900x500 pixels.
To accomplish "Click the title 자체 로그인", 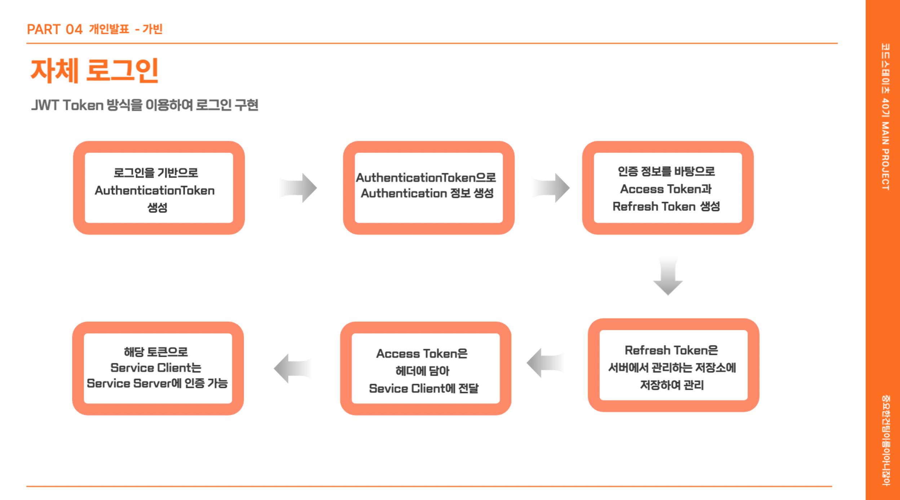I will tap(94, 71).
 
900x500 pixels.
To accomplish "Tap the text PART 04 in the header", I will tap(55, 29).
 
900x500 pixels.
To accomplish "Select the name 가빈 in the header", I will tap(153, 29).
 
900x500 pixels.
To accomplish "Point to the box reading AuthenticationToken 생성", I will tap(159, 188).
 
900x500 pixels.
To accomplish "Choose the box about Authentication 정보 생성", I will tap(428, 188).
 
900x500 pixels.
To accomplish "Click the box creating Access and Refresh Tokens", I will tap(667, 188).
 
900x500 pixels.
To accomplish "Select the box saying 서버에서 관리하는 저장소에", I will tap(673, 365).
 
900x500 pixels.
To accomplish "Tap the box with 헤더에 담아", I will tap(425, 368).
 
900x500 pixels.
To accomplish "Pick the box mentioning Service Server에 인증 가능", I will tap(158, 368).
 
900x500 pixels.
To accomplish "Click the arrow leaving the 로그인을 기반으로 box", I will tap(299, 188).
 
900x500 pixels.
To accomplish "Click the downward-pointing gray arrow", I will tap(668, 276).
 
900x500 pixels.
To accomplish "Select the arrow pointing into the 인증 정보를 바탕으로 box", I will tap(551, 188).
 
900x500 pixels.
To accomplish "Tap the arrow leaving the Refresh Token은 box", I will tap(545, 363).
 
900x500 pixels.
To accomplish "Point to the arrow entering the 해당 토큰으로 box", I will tap(292, 368).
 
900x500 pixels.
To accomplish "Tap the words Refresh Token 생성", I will tap(666, 207).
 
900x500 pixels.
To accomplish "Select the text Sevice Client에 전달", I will tap(424, 388).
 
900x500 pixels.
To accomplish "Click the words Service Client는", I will tap(156, 368).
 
